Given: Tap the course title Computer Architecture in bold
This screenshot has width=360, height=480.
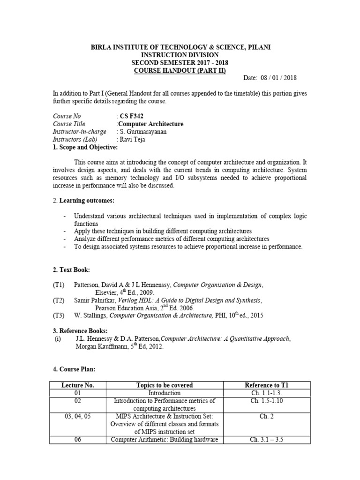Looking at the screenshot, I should pos(150,124).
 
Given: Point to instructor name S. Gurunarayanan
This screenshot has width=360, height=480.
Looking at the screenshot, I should pos(143,132).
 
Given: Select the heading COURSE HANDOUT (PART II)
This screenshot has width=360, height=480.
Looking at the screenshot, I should pos(180,71).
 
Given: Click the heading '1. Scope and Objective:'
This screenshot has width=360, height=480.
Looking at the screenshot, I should pos(82,147).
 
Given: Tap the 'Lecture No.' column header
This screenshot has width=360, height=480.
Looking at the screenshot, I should pos(78,385).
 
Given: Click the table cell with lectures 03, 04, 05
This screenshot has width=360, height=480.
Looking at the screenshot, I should pos(78,416).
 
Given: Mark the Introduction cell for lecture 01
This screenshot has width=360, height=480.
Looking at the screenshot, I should pos(165,393).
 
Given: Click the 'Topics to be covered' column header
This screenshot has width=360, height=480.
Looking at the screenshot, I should pos(165,385).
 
